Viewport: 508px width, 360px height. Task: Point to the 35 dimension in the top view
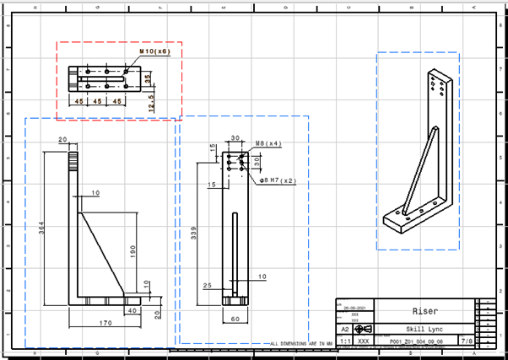point(147,78)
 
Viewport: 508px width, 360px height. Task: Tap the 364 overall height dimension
point(43,228)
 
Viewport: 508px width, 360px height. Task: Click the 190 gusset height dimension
point(134,251)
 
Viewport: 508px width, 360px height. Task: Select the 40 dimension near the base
point(132,310)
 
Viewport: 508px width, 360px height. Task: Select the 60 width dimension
point(235,320)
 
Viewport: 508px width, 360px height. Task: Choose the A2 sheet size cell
point(344,330)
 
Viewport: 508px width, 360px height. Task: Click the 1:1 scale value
point(344,342)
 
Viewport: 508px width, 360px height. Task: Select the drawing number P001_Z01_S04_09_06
point(413,342)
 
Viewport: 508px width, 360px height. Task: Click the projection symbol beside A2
point(362,330)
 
